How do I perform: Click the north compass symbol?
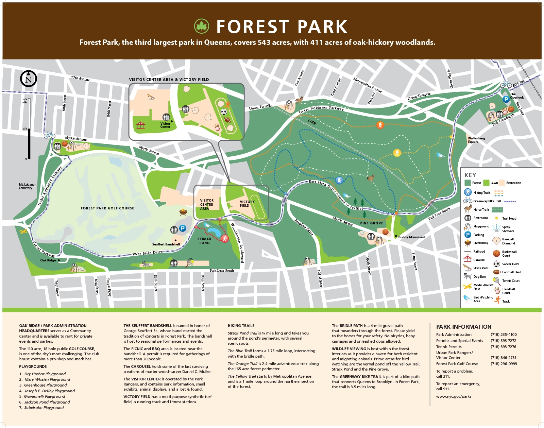point(29,79)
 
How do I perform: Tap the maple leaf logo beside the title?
point(201,26)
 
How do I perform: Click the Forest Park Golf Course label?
point(107,208)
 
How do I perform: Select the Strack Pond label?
point(204,241)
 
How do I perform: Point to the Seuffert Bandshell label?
point(166,244)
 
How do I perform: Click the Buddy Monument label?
point(412,237)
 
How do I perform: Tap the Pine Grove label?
point(372,223)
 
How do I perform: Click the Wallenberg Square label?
point(476,140)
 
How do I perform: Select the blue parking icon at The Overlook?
point(506,99)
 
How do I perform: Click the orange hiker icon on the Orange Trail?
point(380,125)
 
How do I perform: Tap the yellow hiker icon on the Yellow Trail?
point(397,153)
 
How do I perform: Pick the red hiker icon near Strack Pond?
point(224,239)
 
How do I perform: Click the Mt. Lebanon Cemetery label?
point(27,186)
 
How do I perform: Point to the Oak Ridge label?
point(48,260)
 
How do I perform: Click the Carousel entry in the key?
point(479,260)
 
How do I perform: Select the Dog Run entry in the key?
point(479,276)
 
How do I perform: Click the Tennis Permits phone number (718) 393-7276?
point(503,347)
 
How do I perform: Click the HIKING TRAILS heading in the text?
point(241,326)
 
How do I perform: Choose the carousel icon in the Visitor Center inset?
point(140,125)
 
